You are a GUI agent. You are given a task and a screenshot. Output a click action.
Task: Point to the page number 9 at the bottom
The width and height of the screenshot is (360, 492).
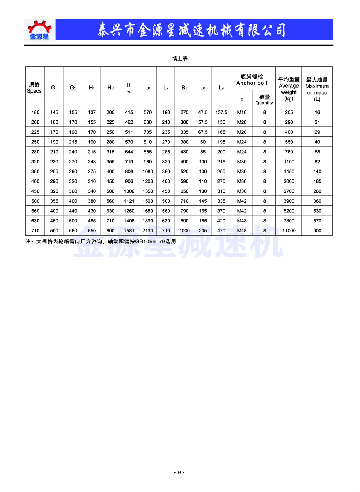coord(179,472)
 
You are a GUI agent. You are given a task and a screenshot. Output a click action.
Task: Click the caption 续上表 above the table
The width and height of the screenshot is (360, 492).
coord(180,59)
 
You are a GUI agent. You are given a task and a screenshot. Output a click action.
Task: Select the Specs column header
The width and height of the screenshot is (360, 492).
coord(34,88)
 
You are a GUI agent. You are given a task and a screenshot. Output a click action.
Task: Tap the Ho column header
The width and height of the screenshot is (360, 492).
coord(111,88)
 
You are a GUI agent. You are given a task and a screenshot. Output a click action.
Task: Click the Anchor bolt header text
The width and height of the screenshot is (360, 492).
coord(252,80)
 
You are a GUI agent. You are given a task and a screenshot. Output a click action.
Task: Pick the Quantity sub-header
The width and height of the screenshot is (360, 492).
coord(264,100)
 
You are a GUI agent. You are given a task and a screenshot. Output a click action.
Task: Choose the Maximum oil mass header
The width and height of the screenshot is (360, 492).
coord(317,89)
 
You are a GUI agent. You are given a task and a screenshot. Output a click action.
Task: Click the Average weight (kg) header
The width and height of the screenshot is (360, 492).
coord(289,89)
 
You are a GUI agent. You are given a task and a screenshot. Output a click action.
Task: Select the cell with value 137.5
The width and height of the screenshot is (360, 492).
coord(221,112)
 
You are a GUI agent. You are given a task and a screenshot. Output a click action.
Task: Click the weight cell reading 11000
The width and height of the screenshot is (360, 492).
coord(289,231)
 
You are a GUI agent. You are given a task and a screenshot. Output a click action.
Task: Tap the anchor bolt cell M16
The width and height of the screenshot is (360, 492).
coord(242,112)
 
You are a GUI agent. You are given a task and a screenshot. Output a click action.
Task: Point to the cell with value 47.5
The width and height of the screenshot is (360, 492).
coord(203,112)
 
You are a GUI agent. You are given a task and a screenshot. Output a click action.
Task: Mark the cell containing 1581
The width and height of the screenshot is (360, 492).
coord(129,231)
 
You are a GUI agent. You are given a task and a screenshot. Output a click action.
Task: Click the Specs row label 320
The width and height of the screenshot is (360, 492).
coord(35,162)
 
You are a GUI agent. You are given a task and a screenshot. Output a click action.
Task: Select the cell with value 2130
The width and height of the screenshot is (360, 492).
coord(148,231)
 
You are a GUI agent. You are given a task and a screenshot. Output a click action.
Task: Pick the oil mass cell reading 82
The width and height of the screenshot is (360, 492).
coord(317,162)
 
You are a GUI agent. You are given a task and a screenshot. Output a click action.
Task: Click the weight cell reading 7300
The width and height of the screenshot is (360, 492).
coord(289,221)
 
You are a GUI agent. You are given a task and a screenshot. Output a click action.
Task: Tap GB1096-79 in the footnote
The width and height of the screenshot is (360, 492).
coord(150,241)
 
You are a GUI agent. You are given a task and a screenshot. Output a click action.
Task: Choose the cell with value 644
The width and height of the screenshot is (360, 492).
coord(129,152)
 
